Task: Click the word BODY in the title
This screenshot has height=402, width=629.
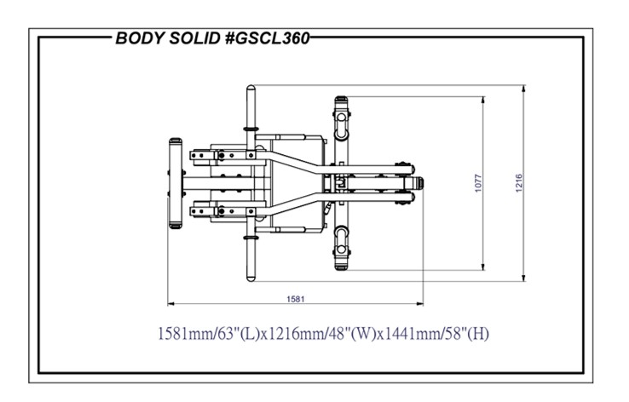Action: click(x=140, y=38)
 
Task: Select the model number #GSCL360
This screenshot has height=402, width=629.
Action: click(x=268, y=38)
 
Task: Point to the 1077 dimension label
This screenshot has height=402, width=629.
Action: click(x=478, y=183)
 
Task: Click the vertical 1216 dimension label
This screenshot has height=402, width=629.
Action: click(x=519, y=183)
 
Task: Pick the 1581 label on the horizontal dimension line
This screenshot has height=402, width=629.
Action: click(x=296, y=299)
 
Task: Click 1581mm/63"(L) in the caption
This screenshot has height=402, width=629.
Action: click(x=209, y=334)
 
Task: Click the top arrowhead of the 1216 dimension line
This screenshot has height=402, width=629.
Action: click(x=523, y=89)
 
